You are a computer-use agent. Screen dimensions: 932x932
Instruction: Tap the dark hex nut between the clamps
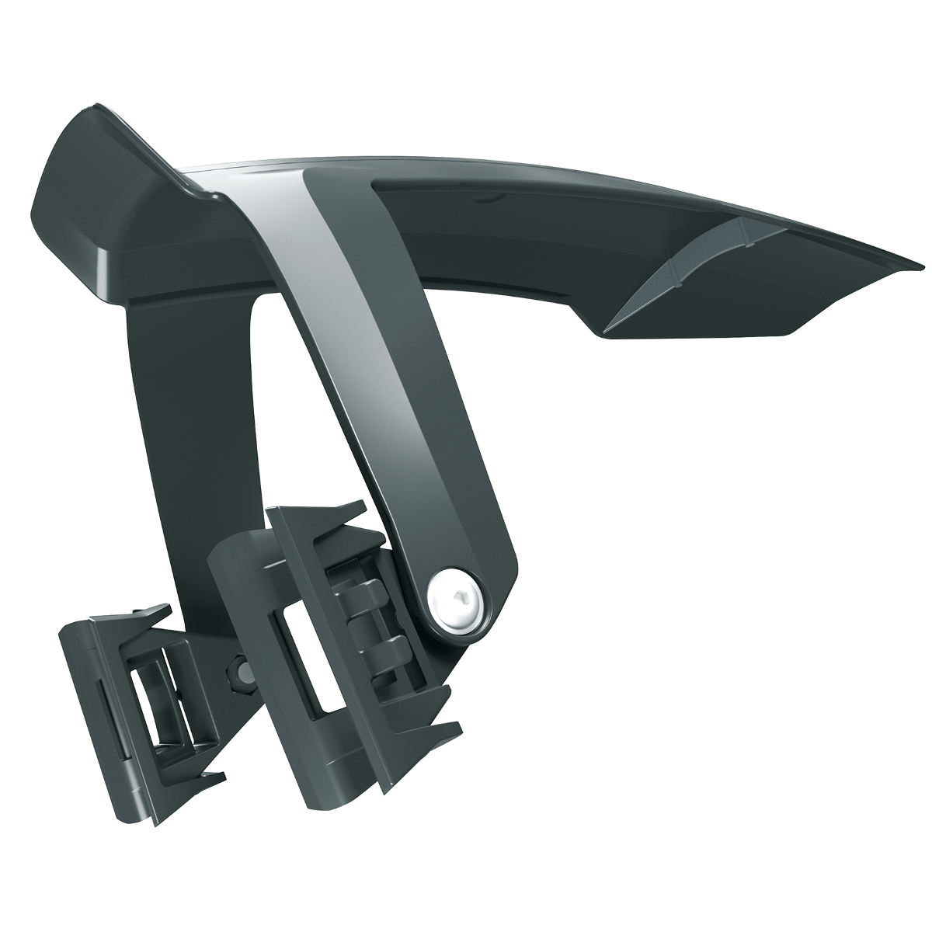(237, 673)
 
